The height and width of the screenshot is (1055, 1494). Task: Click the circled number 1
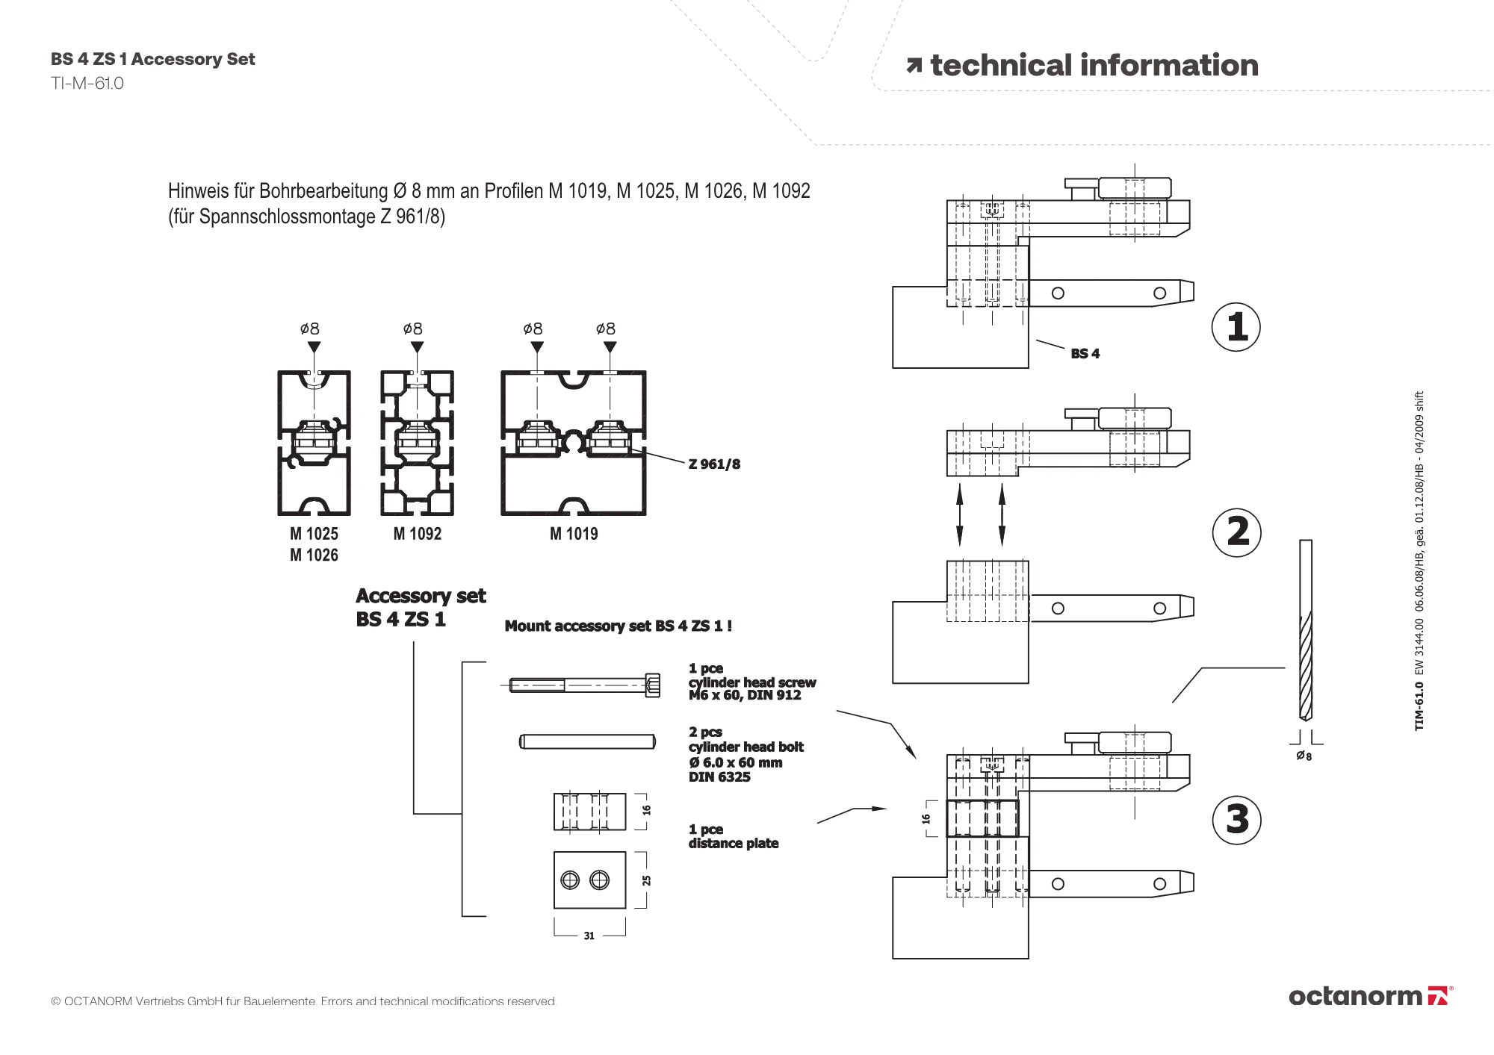click(1236, 327)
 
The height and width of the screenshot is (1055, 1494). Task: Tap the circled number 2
click(1237, 532)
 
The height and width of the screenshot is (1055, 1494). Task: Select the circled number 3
click(1237, 819)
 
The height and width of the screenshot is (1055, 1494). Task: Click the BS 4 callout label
click(1085, 354)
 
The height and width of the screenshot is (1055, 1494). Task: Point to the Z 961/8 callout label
click(714, 464)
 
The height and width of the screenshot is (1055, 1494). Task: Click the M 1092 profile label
click(417, 534)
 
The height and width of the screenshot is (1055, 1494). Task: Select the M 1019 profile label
click(574, 534)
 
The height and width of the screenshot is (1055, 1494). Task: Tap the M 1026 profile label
click(314, 555)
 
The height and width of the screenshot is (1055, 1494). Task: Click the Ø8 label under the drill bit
click(1304, 756)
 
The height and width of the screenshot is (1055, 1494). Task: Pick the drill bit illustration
click(1305, 630)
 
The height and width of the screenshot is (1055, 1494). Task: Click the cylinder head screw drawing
click(585, 685)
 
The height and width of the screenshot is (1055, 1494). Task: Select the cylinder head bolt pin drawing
click(587, 741)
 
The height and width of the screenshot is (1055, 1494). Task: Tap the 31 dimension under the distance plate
click(589, 936)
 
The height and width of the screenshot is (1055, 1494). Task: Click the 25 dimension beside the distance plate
click(646, 881)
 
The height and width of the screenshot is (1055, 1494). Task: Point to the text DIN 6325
click(719, 777)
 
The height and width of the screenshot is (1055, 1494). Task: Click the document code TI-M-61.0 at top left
click(87, 84)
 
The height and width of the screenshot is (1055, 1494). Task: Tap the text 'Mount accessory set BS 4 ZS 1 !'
click(619, 626)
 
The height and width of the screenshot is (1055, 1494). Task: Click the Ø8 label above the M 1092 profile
click(412, 329)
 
